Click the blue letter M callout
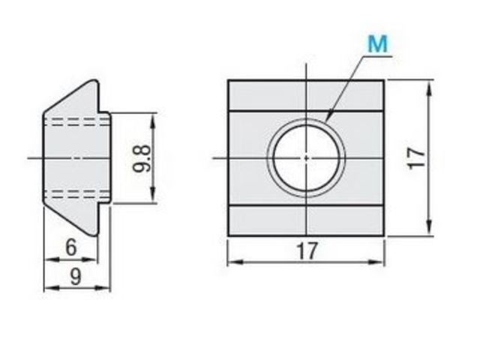(378, 43)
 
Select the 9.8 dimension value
(142, 158)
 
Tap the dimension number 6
(70, 247)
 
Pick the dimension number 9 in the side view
(76, 277)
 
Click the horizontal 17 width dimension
(307, 250)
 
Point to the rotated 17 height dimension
(417, 158)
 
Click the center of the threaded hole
(307, 158)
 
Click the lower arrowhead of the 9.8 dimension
(153, 196)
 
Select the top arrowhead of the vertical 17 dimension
(430, 88)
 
